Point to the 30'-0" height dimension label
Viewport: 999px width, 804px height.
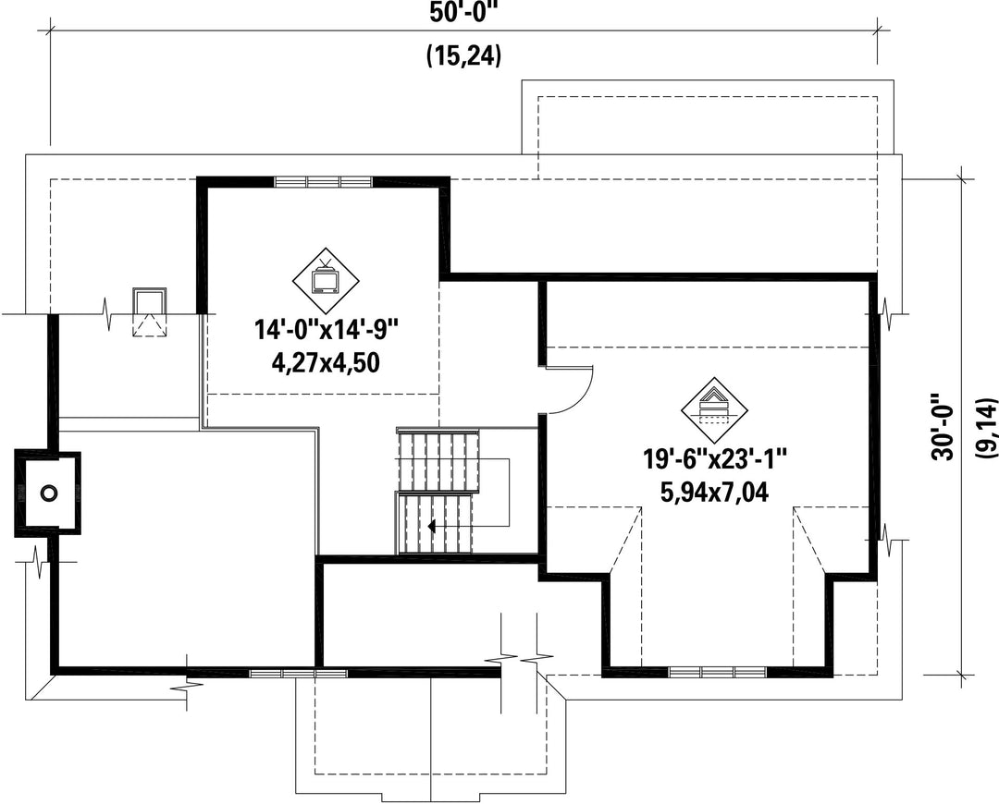pyautogui.click(x=942, y=426)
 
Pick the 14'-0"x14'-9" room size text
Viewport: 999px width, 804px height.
pyautogui.click(x=327, y=331)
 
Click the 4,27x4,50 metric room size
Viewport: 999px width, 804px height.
pyautogui.click(x=326, y=362)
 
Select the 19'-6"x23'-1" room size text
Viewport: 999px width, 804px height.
pyautogui.click(x=714, y=458)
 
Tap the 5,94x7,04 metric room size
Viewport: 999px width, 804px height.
pyautogui.click(x=714, y=492)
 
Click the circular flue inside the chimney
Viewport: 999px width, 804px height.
pyautogui.click(x=48, y=493)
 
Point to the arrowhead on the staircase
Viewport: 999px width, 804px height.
pyautogui.click(x=432, y=527)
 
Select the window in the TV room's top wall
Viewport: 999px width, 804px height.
pyautogui.click(x=323, y=182)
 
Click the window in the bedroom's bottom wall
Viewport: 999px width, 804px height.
pyautogui.click(x=718, y=672)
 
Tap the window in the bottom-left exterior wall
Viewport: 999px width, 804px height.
pyautogui.click(x=298, y=673)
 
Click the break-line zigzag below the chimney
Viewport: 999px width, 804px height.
pyautogui.click(x=40, y=562)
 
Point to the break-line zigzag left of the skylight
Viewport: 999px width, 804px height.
pyautogui.click(x=110, y=313)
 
